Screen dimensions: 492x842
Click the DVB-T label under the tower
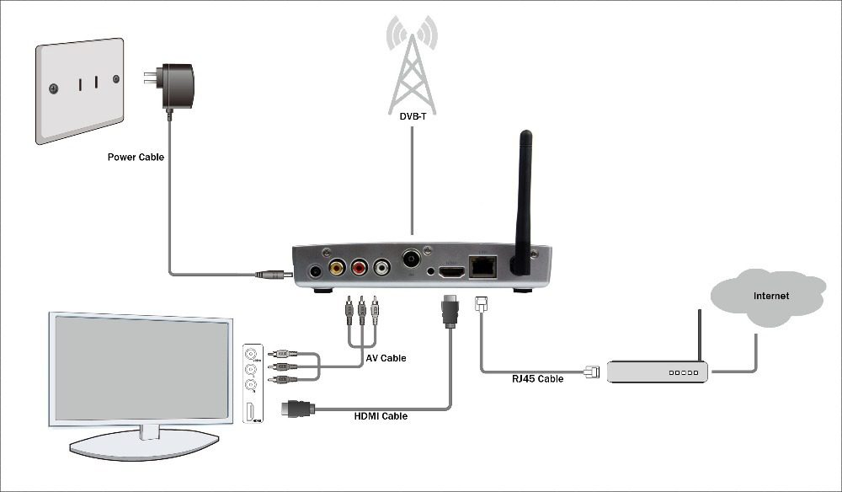pyautogui.click(x=412, y=130)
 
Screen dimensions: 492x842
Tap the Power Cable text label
pyautogui.click(x=136, y=157)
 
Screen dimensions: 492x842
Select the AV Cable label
pyautogui.click(x=386, y=358)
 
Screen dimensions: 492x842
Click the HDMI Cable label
pyautogui.click(x=380, y=416)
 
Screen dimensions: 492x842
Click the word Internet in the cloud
pyautogui.click(x=770, y=296)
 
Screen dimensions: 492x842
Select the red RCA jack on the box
pyautogui.click(x=360, y=269)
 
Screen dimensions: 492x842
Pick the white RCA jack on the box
pyautogui.click(x=382, y=269)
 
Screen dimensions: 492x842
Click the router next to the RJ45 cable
pyautogui.click(x=657, y=371)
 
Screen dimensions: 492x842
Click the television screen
pyautogui.click(x=141, y=368)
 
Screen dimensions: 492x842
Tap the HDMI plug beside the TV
pyautogui.click(x=299, y=409)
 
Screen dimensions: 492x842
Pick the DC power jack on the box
pyautogui.click(x=316, y=272)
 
